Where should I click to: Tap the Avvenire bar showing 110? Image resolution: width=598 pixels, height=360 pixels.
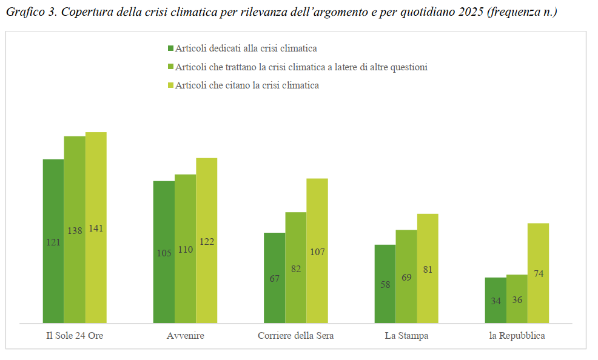186,248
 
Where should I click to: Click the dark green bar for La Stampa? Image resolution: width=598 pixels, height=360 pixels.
385,284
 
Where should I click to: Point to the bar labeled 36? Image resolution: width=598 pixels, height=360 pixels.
517,299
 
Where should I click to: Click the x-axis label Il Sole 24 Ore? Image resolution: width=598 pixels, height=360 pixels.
75,336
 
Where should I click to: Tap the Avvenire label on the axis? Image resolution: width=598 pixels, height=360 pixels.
185,336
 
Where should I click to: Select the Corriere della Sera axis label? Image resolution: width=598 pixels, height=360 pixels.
295,336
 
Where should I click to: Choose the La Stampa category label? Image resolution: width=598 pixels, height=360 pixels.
406,336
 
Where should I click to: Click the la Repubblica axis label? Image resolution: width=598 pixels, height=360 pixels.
517,336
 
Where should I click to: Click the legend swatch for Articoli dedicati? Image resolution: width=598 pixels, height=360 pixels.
170,48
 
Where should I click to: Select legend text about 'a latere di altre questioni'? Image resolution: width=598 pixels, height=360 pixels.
301,67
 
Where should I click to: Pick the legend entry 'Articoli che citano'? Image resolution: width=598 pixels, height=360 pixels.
247,85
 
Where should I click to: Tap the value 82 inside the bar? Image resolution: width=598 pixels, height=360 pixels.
296,268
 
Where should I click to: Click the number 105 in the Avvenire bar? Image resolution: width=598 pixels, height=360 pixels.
164,253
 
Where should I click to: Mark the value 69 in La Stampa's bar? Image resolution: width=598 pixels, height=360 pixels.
406,277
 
